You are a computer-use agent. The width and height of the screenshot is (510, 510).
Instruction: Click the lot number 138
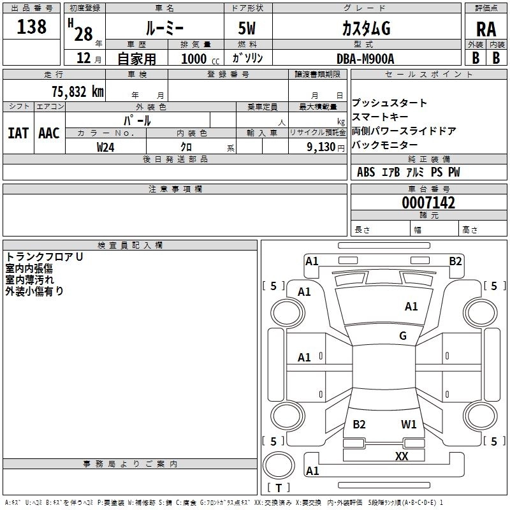31,26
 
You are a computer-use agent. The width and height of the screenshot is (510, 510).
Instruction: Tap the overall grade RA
486,29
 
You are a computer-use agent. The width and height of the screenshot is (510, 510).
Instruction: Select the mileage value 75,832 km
78,91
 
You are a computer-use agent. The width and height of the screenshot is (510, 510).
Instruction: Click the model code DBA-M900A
365,59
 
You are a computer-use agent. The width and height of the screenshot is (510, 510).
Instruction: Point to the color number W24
105,147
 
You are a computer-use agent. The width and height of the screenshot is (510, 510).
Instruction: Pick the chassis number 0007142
428,203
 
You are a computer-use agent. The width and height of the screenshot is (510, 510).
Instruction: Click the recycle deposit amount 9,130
321,147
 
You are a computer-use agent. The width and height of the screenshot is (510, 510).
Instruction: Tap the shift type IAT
18,133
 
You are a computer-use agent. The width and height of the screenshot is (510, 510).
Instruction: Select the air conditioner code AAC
49,133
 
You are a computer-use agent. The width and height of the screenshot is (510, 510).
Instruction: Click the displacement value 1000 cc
200,59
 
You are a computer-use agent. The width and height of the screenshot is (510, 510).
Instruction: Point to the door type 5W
247,28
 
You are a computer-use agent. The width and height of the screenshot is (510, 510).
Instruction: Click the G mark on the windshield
403,335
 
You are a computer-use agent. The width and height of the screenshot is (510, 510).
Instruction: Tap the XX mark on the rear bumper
402,456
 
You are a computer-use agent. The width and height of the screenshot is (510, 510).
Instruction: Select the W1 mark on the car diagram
409,424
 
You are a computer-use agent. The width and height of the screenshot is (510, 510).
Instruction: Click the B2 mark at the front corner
455,261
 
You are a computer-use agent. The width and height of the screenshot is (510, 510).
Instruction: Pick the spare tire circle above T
279,465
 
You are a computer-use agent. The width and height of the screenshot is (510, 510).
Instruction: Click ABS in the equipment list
366,171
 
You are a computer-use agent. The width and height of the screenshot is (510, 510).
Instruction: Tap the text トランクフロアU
44,257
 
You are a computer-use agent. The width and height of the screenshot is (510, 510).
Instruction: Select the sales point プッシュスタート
390,103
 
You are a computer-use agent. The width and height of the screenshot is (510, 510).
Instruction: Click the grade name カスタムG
366,29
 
